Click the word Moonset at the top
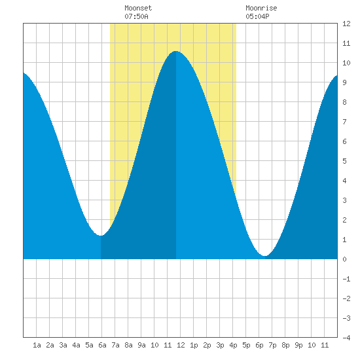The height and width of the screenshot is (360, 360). click(x=138, y=8)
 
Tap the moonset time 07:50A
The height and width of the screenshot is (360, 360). click(x=136, y=16)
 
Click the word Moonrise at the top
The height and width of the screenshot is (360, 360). click(x=261, y=8)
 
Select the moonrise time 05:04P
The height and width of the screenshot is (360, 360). click(x=257, y=16)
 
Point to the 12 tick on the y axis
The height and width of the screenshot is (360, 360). click(x=346, y=24)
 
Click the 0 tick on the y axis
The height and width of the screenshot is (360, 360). click(x=344, y=259)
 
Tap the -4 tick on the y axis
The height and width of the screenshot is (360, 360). click(x=346, y=338)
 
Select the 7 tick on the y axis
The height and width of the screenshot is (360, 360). click(x=344, y=122)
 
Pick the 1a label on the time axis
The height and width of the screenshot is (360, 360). click(x=37, y=345)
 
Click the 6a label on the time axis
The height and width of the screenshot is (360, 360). click(x=102, y=345)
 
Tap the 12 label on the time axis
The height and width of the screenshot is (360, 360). click(x=181, y=345)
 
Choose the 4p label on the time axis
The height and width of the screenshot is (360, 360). click(x=233, y=345)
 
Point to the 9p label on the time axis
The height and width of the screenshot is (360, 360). click(x=298, y=345)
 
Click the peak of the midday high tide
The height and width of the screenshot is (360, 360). click(x=176, y=51)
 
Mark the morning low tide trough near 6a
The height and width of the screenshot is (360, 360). click(x=101, y=236)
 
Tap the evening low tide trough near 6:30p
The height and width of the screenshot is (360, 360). click(x=265, y=255)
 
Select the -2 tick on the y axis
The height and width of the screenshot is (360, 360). click(x=346, y=298)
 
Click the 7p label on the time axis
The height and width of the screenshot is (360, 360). click(x=272, y=345)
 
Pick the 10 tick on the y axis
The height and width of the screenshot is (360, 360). click(x=346, y=63)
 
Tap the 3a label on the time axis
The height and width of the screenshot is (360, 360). click(x=63, y=345)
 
